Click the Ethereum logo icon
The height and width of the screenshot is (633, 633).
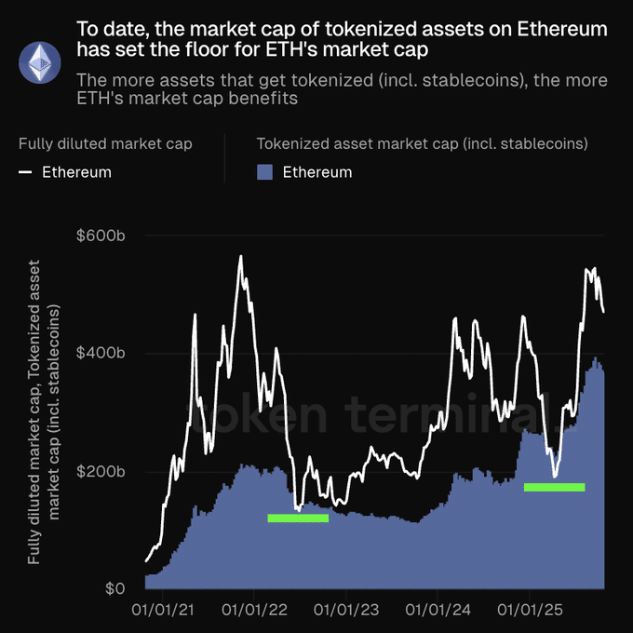click(39, 61)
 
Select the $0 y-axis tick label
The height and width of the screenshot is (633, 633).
click(113, 589)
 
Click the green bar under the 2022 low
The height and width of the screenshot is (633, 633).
click(298, 518)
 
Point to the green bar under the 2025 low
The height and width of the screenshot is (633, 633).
click(554, 487)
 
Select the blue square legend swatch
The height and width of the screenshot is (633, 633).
click(264, 172)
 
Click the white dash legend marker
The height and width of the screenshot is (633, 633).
click(25, 172)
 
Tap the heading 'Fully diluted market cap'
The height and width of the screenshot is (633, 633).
click(105, 143)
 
